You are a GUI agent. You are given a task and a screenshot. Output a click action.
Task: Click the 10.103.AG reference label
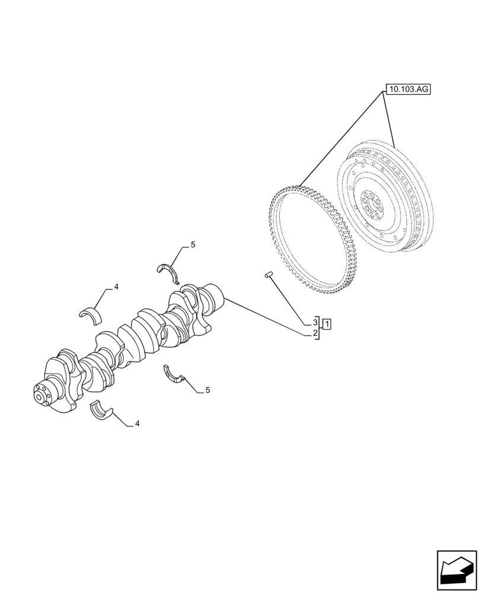pos(408,90)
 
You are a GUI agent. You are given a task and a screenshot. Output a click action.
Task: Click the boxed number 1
pos(327,324)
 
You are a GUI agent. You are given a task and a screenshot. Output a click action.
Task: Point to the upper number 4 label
pos(116,287)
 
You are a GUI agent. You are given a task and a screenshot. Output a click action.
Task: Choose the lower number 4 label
pos(137,424)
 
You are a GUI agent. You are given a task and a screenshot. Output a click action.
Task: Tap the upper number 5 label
pos(193,245)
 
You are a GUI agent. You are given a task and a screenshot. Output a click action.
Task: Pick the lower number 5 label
pos(207,390)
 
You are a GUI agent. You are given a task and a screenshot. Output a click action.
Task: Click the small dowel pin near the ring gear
pos(268,275)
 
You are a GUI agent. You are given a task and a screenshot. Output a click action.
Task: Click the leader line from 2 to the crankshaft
pos(267,317)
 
